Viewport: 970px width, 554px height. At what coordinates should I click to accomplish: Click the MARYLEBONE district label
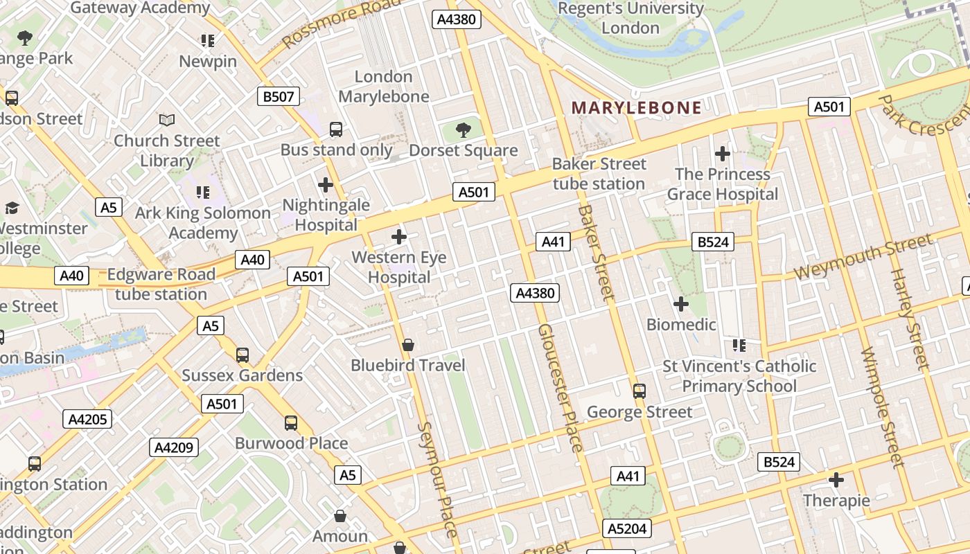[x=636, y=108]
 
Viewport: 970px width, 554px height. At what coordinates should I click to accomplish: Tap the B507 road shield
[x=279, y=96]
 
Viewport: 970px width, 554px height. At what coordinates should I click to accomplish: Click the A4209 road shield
[x=174, y=447]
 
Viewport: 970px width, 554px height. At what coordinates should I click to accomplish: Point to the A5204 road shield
[x=626, y=529]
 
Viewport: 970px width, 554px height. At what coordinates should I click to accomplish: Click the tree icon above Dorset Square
[x=463, y=130]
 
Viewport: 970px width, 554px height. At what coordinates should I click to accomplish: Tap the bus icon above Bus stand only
[x=336, y=129]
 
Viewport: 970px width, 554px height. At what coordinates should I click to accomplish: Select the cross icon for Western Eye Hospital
[x=399, y=237]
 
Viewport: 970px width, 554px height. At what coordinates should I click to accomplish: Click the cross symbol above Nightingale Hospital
[x=325, y=185]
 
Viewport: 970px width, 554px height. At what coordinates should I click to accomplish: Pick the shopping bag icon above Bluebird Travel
[x=408, y=345]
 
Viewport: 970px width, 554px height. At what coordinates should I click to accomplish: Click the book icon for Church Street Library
[x=166, y=120]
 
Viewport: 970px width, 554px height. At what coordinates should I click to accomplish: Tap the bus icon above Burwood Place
[x=291, y=422]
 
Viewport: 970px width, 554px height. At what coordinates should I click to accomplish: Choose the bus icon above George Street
[x=640, y=391]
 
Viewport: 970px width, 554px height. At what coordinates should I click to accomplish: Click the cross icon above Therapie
[x=836, y=479]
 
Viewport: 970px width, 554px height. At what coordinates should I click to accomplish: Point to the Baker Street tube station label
[x=599, y=174]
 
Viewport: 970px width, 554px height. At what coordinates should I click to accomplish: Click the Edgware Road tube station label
[x=161, y=284]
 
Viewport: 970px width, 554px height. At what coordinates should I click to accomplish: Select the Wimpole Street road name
[x=883, y=407]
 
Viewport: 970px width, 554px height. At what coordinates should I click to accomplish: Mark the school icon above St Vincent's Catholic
[x=739, y=345]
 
